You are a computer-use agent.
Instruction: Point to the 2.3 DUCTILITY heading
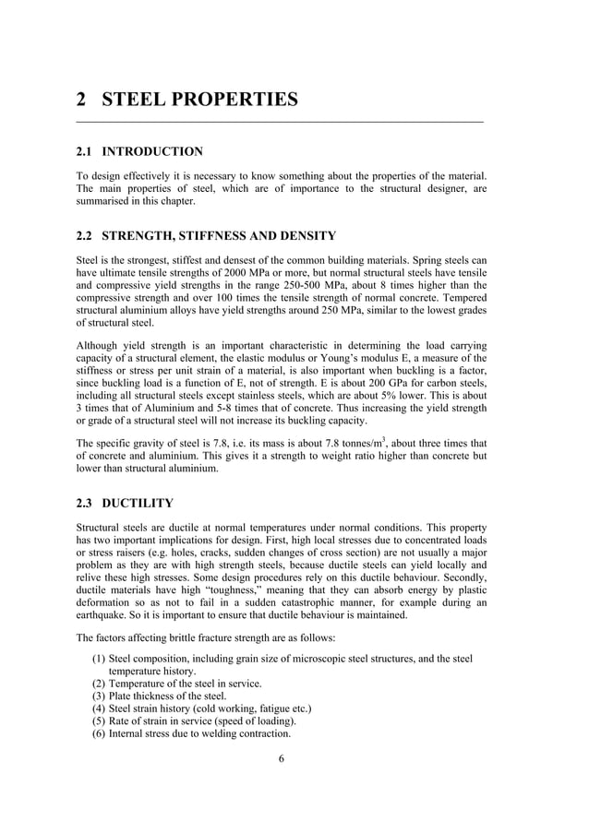pos(124,504)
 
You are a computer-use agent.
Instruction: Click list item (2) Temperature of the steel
pos(176,684)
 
